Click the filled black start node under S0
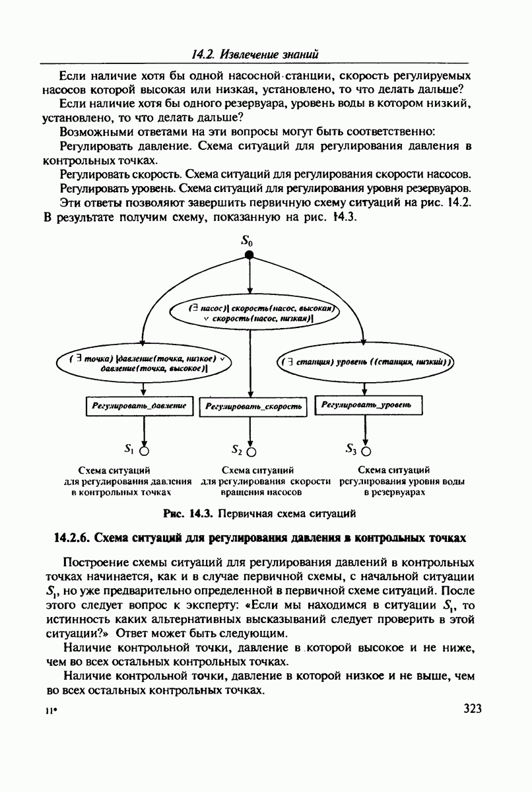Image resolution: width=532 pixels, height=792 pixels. [x=249, y=256]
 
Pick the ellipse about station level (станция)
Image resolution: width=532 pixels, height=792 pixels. [x=364, y=362]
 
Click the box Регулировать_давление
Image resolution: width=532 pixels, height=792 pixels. [x=139, y=406]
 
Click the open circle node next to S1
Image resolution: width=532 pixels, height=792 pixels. [x=143, y=451]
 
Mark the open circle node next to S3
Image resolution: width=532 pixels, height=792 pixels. [x=366, y=451]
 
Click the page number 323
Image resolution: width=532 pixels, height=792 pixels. [x=473, y=709]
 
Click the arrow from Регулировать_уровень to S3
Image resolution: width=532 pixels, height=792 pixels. [x=366, y=430]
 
